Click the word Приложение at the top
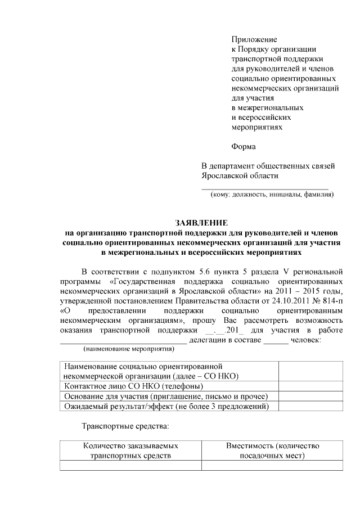click(x=254, y=40)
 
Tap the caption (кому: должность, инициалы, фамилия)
click(x=272, y=195)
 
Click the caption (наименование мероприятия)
click(x=129, y=349)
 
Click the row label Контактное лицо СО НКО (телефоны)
click(x=134, y=386)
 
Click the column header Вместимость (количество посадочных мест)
click(x=273, y=451)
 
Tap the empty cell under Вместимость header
click(x=273, y=466)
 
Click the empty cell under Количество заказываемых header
click(x=130, y=466)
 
